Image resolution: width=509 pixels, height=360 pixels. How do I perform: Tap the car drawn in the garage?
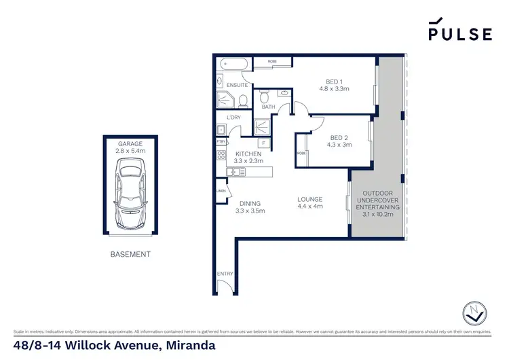click(x=129, y=194)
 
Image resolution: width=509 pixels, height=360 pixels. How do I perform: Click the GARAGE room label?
click(x=129, y=144)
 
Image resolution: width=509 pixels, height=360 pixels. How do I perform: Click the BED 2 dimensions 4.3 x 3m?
click(x=339, y=144)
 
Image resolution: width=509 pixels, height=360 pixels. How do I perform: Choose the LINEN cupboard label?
click(x=221, y=191)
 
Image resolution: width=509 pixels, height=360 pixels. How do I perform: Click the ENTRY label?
click(x=225, y=274)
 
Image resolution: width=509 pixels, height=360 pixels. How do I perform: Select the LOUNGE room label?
click(x=309, y=199)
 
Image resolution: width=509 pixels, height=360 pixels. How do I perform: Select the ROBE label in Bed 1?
click(x=271, y=61)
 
